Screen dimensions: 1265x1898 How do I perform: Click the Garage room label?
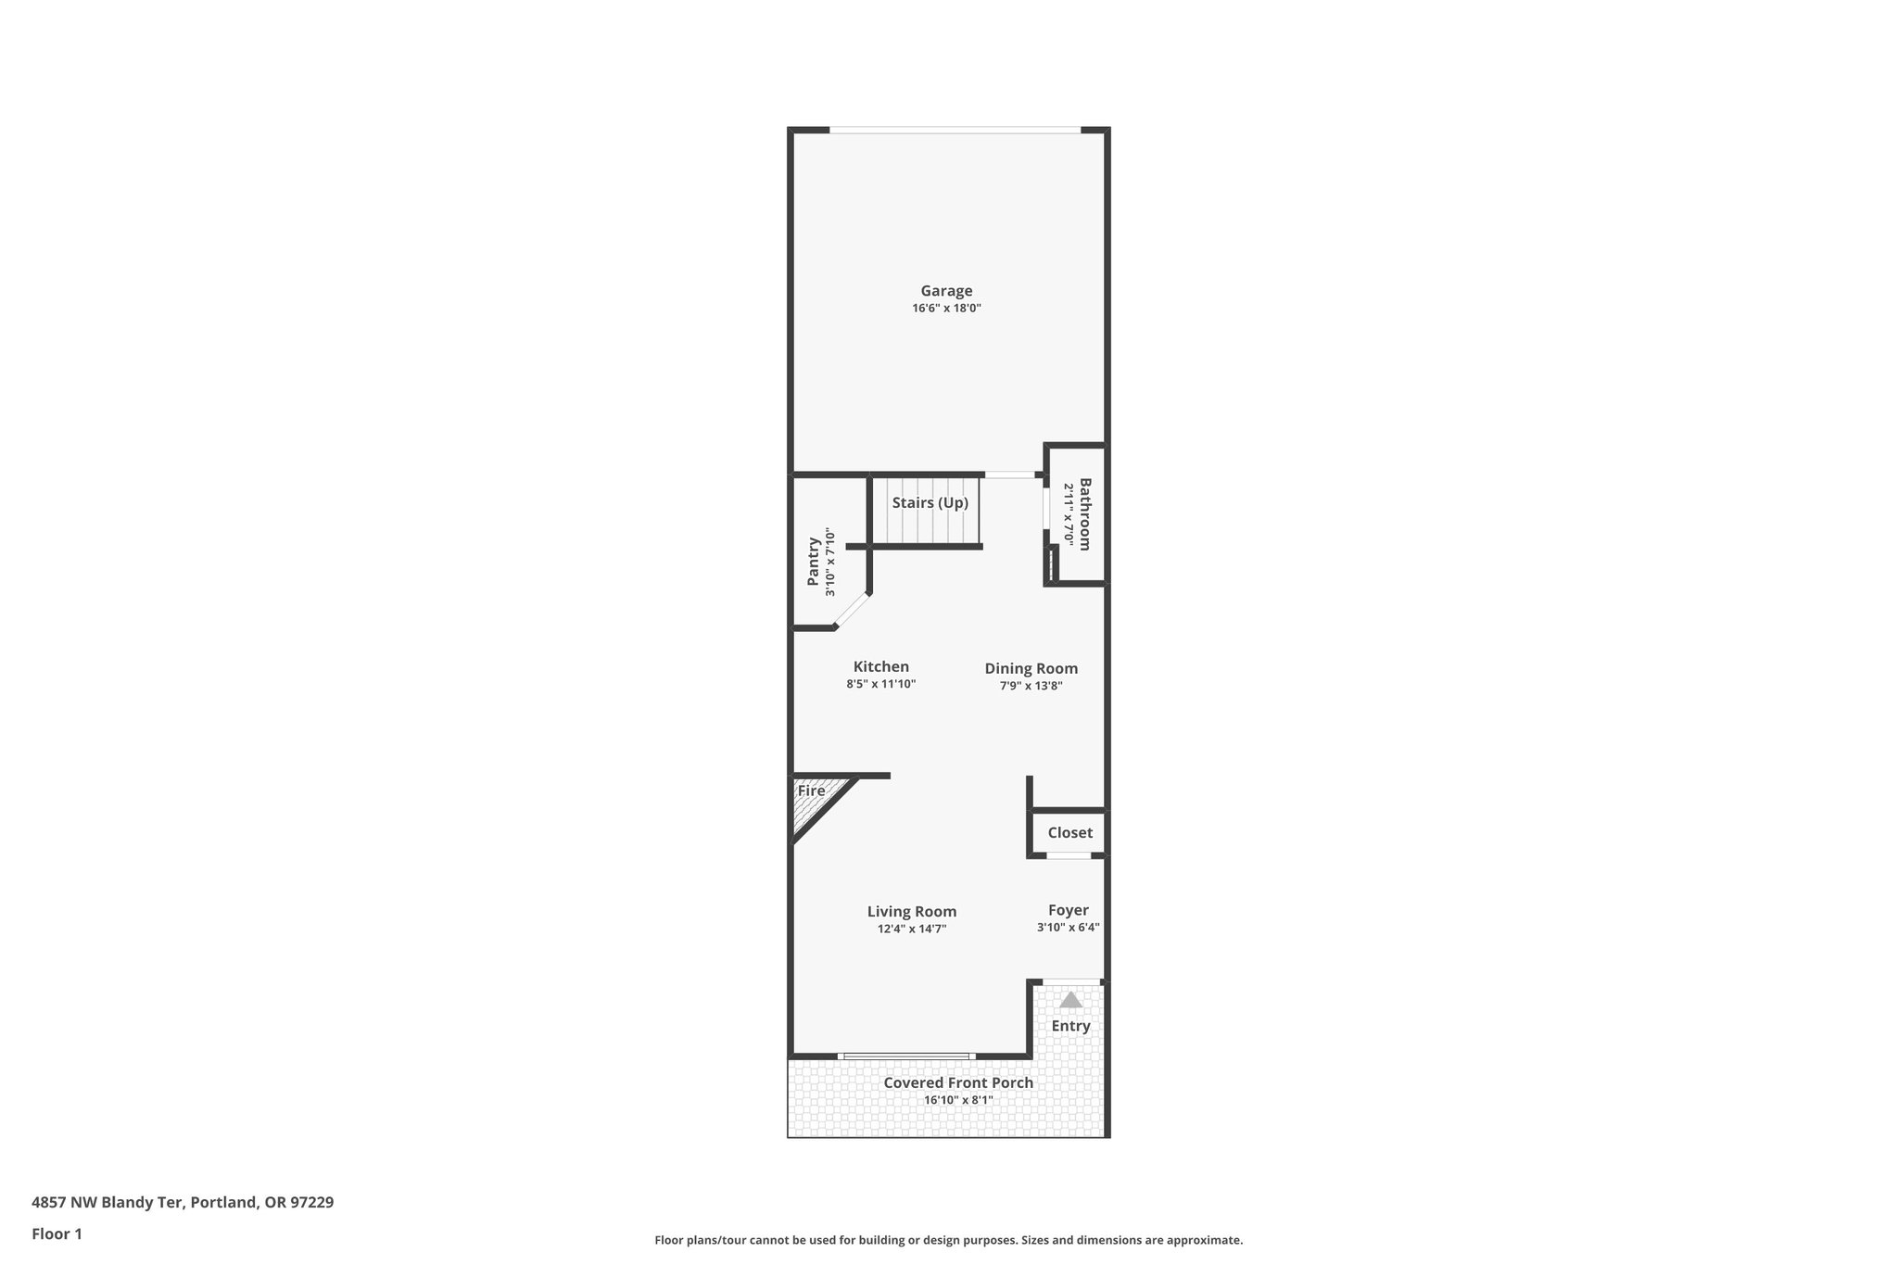[946, 291]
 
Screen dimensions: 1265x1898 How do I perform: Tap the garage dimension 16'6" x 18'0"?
[946, 309]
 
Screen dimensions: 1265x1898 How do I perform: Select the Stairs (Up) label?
[930, 503]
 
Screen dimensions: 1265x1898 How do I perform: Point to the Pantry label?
[814, 561]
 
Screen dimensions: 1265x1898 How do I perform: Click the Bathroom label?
[1084, 514]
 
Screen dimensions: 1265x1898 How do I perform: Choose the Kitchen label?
[880, 667]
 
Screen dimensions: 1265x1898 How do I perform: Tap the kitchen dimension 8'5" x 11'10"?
[880, 685]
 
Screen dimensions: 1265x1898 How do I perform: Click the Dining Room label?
[1031, 669]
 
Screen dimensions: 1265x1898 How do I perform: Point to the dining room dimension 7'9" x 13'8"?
[1031, 687]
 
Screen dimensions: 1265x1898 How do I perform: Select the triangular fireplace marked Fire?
[813, 799]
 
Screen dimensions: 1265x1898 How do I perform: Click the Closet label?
[1069, 833]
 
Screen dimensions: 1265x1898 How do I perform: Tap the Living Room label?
[912, 912]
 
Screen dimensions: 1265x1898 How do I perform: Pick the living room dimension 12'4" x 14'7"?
[912, 929]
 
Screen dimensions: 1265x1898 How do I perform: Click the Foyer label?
[1068, 911]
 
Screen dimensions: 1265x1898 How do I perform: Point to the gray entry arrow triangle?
[1070, 1000]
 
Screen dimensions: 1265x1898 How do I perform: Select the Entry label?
[1070, 1026]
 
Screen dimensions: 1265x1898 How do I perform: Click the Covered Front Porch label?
[958, 1083]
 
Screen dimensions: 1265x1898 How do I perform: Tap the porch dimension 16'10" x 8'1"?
[958, 1101]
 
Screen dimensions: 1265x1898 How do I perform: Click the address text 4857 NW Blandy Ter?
[109, 1203]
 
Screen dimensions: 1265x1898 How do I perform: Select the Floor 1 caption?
[57, 1234]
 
